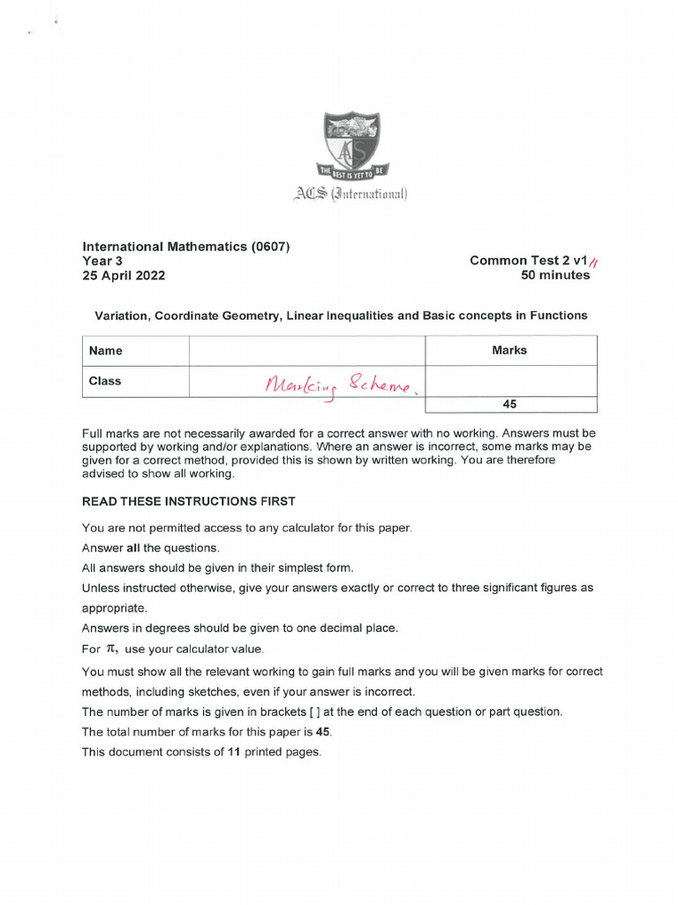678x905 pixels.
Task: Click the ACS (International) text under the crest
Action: [352, 194]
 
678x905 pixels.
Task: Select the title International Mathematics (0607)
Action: [185, 247]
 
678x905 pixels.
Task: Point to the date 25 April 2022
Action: [124, 275]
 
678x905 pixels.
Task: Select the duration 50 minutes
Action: [555, 275]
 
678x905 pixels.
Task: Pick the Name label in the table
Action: [106, 351]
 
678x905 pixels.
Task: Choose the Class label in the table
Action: [105, 381]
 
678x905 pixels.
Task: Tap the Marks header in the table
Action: [509, 351]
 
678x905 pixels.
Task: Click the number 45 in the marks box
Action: [509, 404]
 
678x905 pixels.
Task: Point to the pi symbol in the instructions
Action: [112, 649]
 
